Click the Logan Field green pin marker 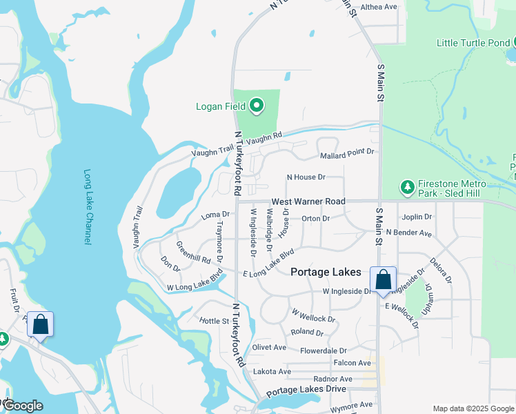click(257, 106)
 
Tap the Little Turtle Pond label click(473, 43)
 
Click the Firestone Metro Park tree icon click(408, 186)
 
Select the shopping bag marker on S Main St click(383, 280)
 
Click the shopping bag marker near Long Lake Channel click(40, 324)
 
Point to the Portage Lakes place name click(326, 272)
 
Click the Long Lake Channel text click(88, 206)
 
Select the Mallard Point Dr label click(347, 150)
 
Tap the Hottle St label click(214, 321)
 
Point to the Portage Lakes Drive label click(306, 391)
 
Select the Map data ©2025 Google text click(473, 408)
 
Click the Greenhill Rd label click(193, 253)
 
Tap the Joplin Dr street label click(417, 217)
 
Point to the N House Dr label click(306, 177)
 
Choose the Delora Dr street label click(440, 270)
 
